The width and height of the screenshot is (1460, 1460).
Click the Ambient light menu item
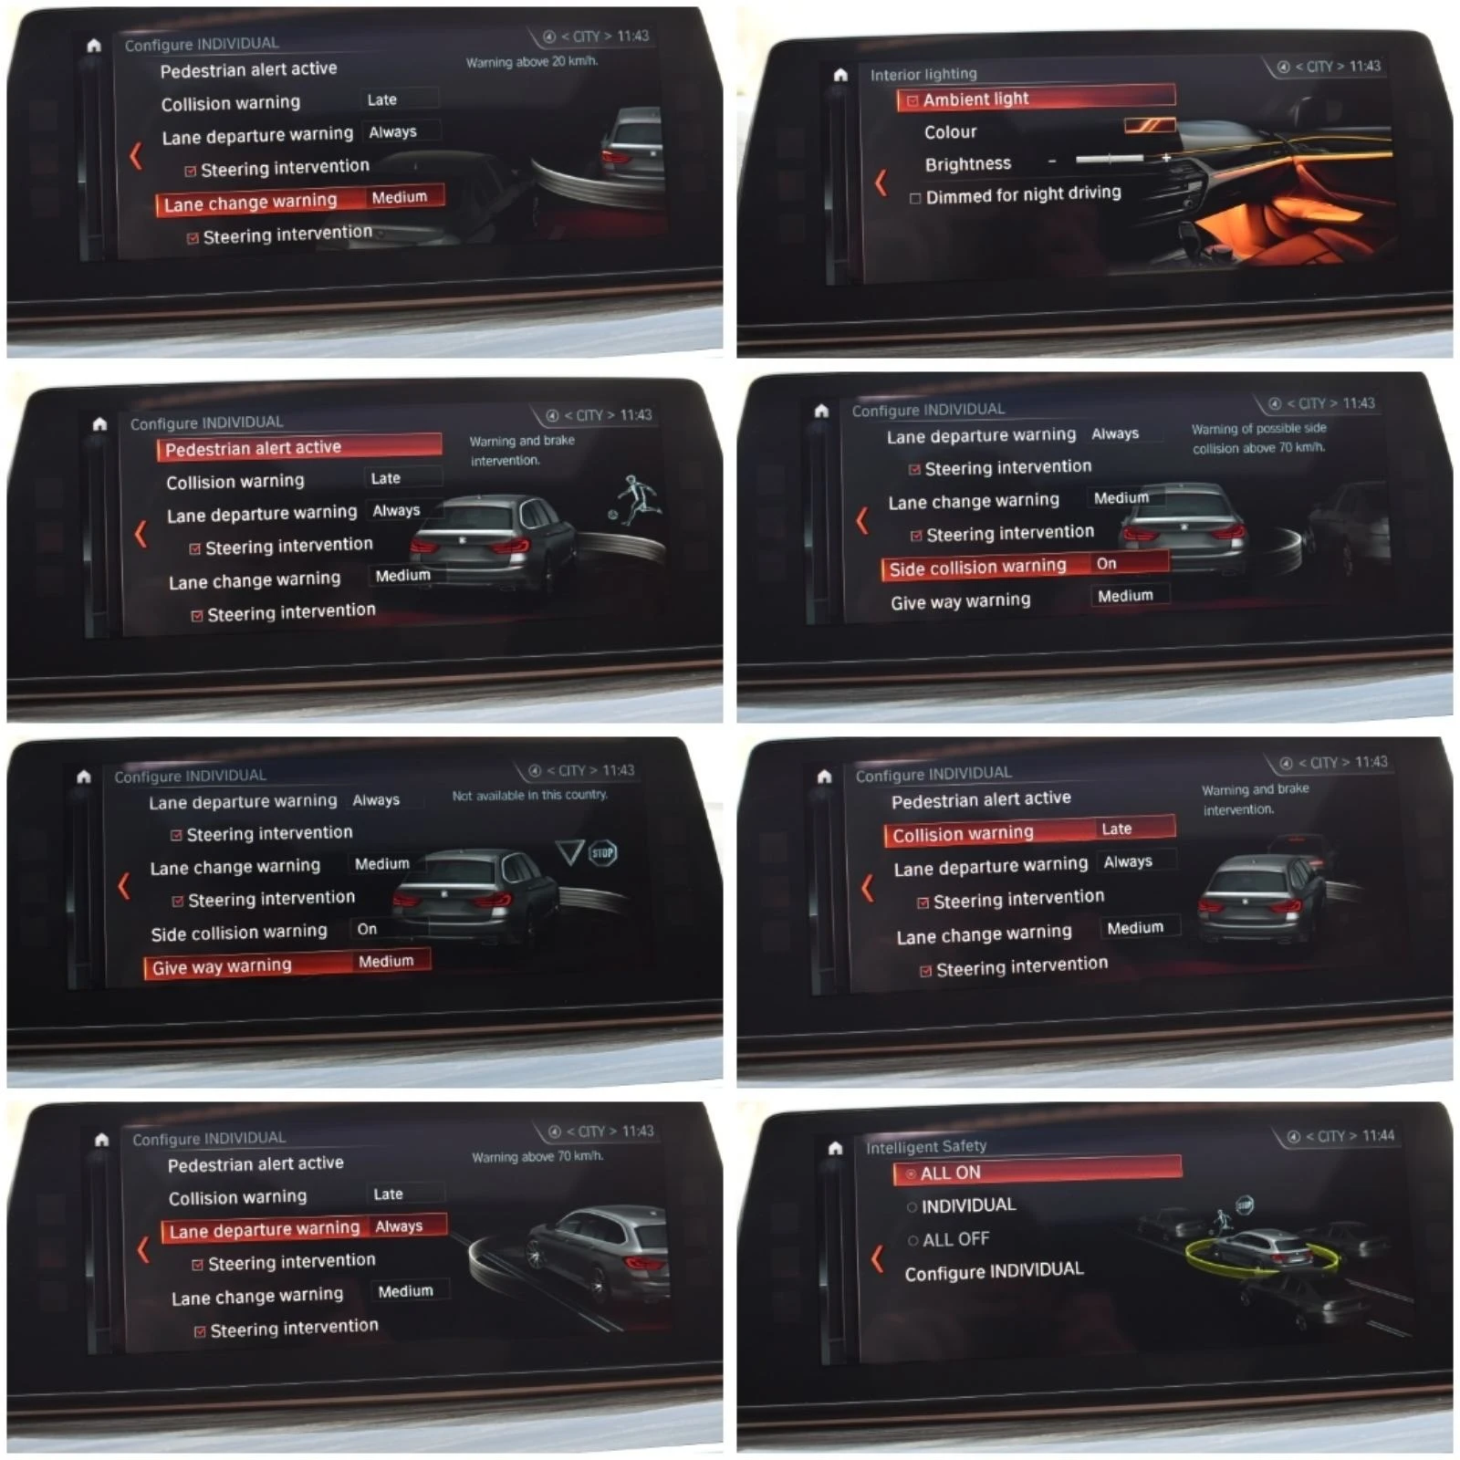[1036, 98]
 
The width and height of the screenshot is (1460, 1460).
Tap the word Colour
[950, 132]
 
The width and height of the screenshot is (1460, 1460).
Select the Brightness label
[967, 164]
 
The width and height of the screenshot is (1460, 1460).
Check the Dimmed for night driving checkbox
[914, 198]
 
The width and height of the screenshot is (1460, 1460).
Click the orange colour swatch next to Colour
[1149, 125]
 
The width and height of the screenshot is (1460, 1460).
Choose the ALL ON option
[1037, 1172]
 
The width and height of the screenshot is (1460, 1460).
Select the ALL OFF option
[948, 1239]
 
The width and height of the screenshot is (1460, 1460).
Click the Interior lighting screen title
[923, 74]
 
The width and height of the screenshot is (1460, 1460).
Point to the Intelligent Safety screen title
[926, 1146]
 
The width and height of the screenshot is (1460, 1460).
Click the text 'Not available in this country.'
[529, 795]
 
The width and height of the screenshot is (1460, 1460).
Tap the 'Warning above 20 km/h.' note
[532, 62]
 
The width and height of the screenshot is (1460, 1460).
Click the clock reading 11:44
[1378, 1135]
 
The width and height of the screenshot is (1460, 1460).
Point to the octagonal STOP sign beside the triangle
[602, 853]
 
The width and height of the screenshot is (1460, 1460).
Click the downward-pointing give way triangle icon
[569, 852]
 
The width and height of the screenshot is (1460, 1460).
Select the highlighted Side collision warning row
[1025, 566]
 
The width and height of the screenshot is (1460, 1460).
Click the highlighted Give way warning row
[287, 965]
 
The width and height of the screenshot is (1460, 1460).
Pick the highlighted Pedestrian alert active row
[299, 447]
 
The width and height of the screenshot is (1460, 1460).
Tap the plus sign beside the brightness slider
[1165, 158]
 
